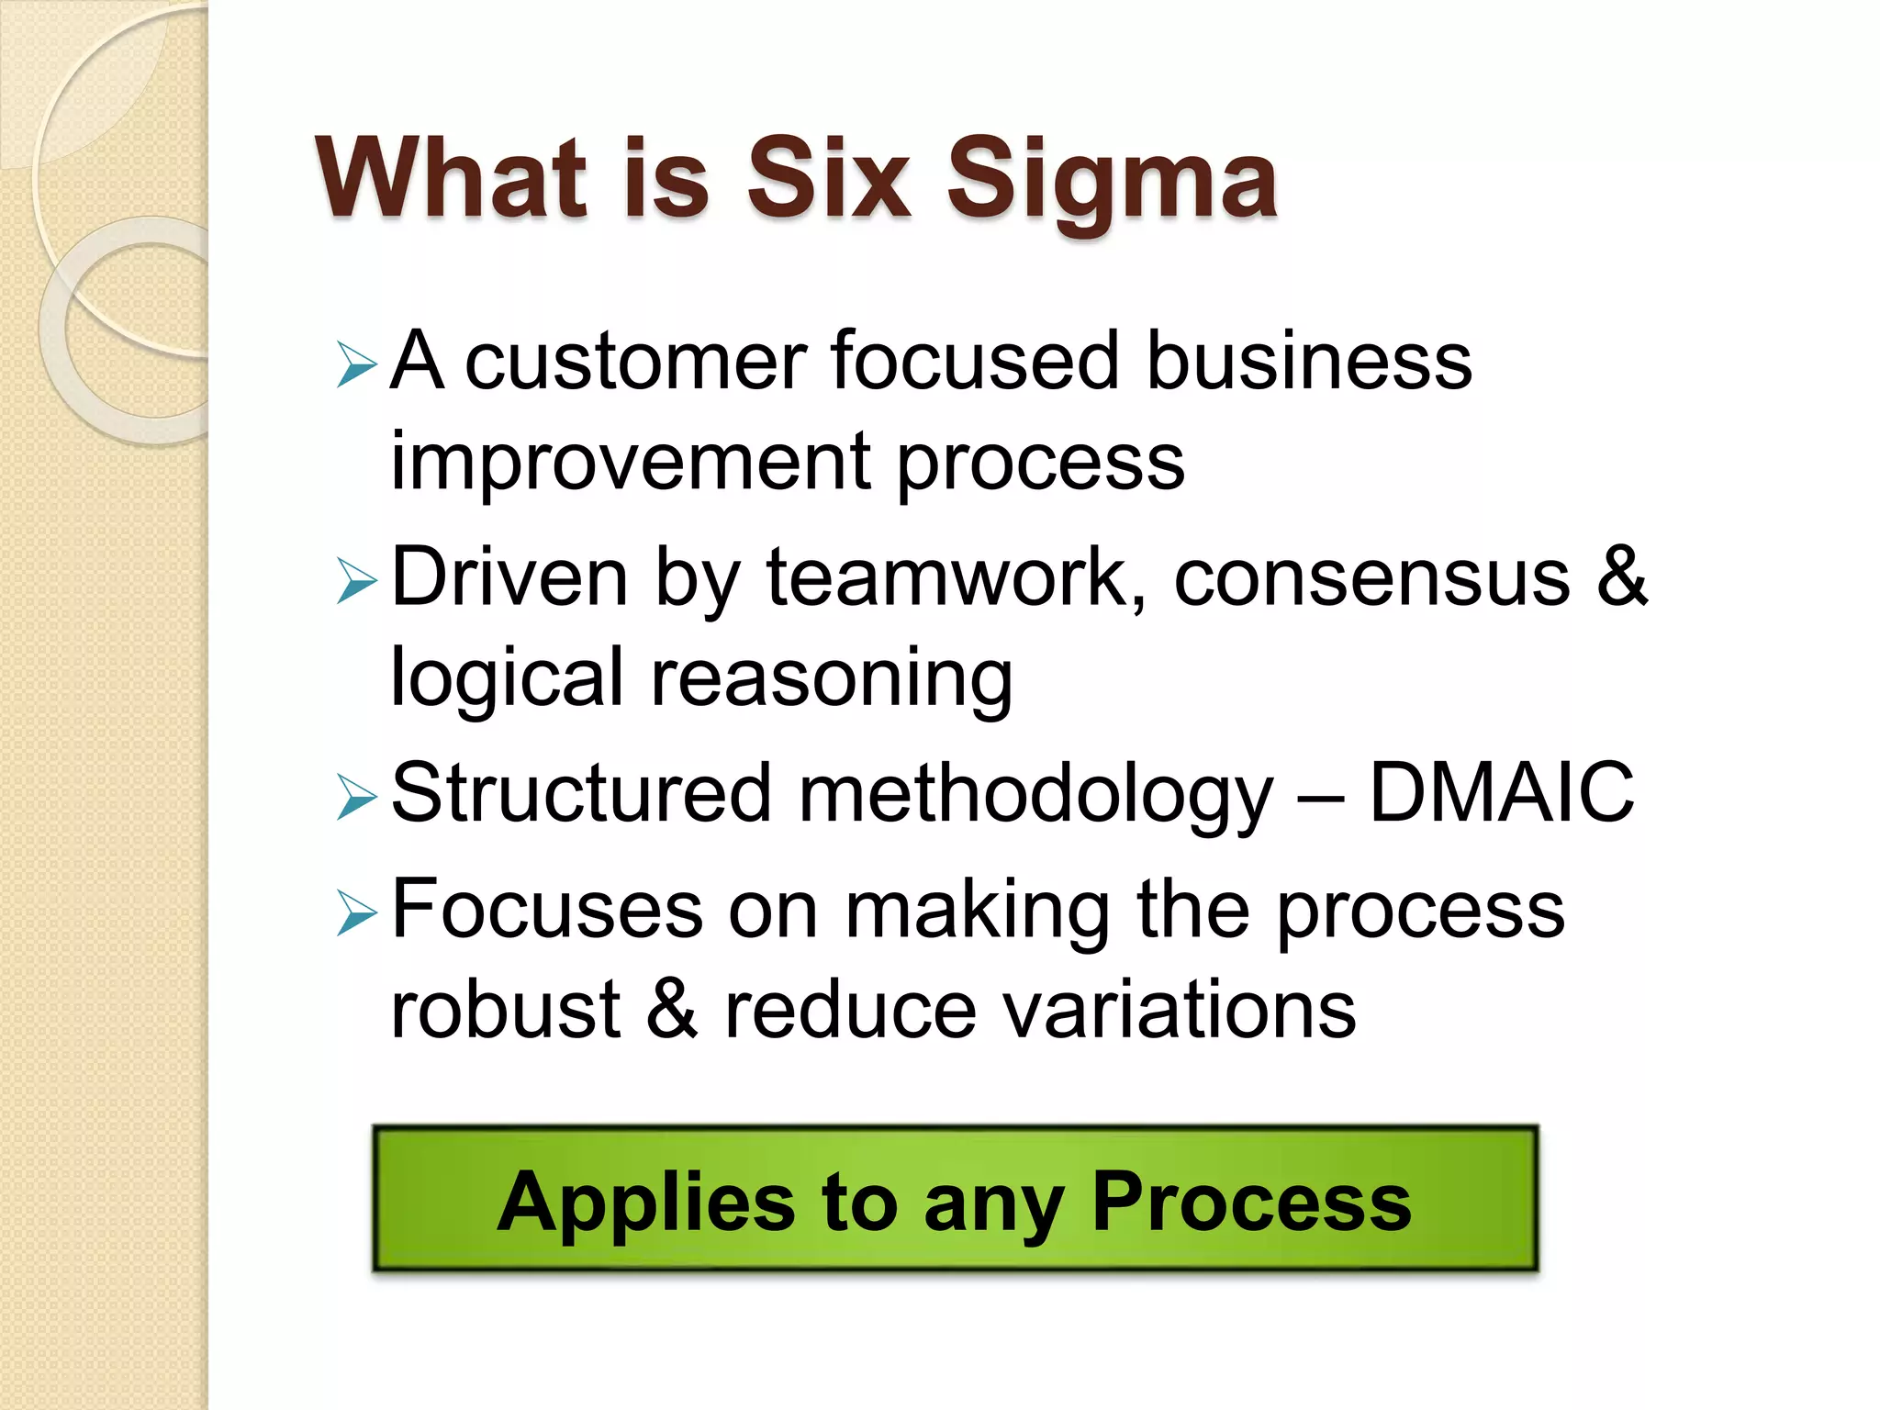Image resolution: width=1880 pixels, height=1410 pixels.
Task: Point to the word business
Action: (1309, 360)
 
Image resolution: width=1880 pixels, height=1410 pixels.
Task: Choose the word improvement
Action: (630, 463)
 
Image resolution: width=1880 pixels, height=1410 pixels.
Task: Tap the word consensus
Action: (1371, 579)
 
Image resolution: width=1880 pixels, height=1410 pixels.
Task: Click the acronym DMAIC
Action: (1501, 792)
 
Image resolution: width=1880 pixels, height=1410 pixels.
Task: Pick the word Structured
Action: (580, 792)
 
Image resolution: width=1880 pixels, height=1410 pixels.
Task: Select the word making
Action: (977, 912)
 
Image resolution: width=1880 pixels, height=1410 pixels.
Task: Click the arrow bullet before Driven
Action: (356, 582)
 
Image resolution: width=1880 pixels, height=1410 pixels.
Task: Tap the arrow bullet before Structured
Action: (356, 797)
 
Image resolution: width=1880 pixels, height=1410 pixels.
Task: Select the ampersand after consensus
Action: (1622, 577)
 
